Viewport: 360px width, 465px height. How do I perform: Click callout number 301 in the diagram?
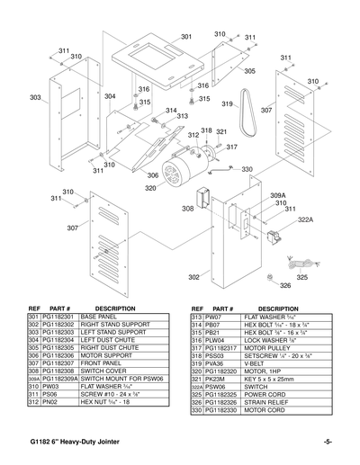(185, 37)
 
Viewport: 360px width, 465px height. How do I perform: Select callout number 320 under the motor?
(150, 188)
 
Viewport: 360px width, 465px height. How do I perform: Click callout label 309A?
(277, 195)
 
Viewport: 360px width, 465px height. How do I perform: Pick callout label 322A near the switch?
(305, 219)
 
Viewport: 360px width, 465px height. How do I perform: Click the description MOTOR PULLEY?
(269, 347)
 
